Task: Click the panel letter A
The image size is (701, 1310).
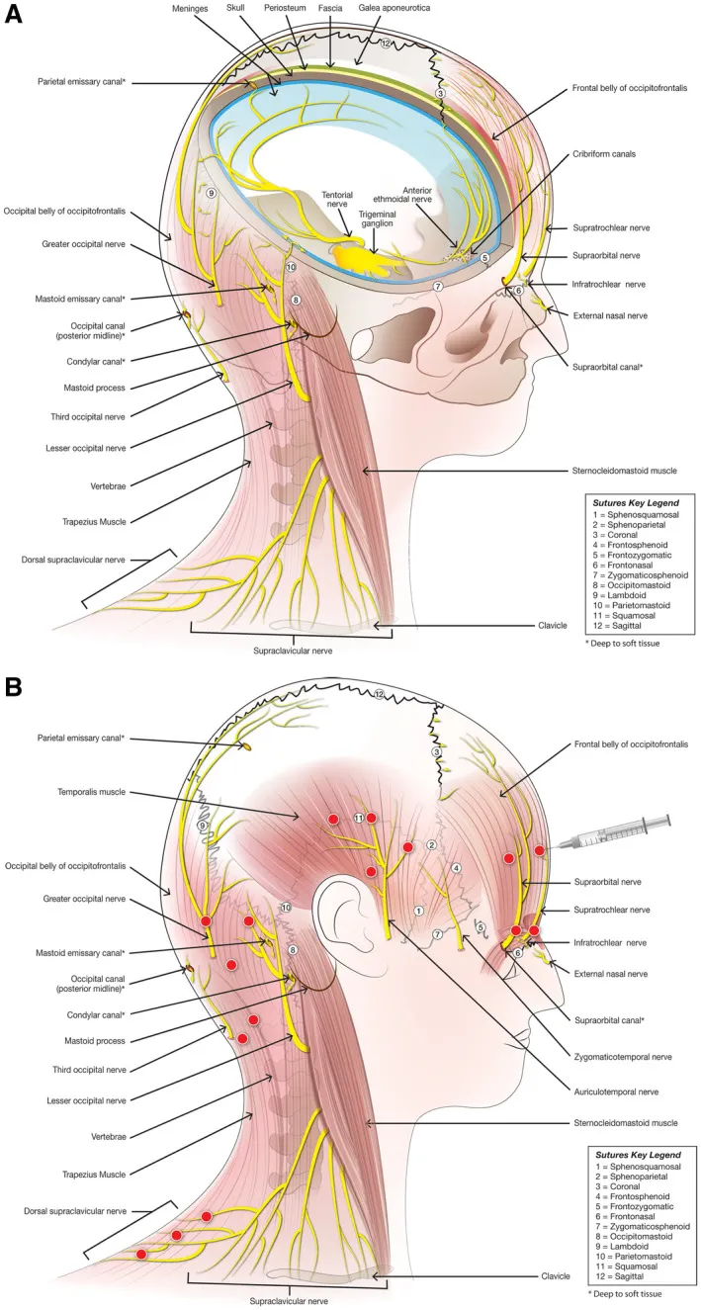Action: point(17,17)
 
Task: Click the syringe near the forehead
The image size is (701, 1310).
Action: point(612,831)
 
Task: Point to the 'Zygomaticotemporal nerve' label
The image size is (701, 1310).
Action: point(621,1056)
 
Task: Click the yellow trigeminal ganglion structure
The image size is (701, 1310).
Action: point(365,258)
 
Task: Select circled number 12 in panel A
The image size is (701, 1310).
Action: point(387,44)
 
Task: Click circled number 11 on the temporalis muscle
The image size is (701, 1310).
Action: point(358,818)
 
